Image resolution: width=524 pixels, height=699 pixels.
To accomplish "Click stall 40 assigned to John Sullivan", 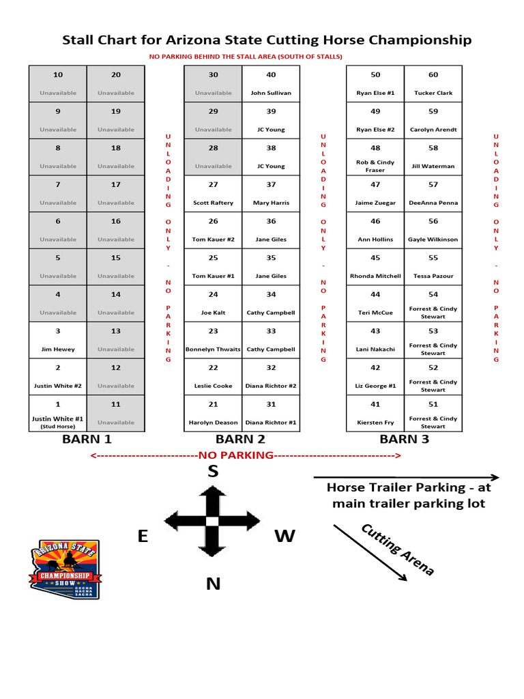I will pos(271,84).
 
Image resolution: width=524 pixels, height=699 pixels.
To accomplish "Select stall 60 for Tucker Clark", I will pos(433,84).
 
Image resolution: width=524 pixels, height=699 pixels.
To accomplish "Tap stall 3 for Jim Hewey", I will pos(58,340).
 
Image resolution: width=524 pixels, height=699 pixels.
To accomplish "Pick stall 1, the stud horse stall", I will pos(58,413).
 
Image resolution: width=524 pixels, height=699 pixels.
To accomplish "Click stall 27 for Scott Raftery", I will pos(213,194).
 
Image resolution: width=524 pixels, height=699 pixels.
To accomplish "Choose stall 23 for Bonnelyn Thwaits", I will pos(213,340).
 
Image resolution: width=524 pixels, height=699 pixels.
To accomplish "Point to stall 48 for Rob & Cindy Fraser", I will pos(375,157).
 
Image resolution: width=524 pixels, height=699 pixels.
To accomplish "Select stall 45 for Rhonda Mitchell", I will pos(375,267).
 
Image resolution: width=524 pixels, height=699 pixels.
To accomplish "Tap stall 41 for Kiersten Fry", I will pos(375,413).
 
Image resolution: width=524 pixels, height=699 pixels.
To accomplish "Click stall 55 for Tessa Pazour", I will pos(433,267).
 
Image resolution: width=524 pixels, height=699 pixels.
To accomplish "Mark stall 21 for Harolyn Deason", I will pos(213,413).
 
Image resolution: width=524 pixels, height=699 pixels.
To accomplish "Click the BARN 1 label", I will pos(87,439).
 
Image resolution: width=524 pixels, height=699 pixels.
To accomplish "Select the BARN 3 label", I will pos(404,439).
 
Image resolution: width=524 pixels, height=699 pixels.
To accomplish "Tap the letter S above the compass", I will pos(213,472).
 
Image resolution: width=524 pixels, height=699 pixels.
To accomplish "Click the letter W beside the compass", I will pos(285,537).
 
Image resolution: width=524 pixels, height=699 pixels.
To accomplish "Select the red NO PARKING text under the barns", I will pos(235,455).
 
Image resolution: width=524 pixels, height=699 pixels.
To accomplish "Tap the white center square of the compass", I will pos(212,522).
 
